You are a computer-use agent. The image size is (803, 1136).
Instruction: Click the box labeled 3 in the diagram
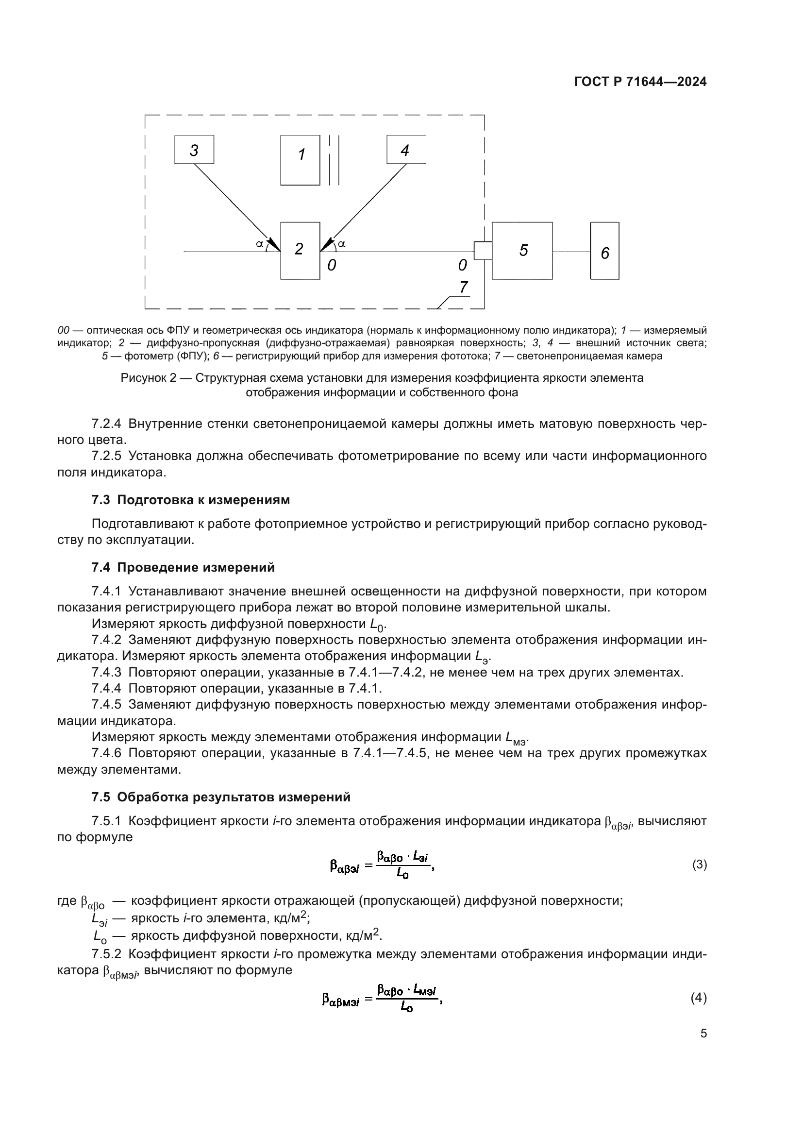194,150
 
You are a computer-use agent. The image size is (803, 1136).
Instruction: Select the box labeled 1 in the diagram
300,160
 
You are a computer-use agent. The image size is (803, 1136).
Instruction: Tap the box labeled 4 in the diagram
406,150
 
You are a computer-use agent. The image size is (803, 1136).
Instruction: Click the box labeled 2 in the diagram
300,250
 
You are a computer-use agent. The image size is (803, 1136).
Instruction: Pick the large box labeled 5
522,250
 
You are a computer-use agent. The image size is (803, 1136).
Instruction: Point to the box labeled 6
604,250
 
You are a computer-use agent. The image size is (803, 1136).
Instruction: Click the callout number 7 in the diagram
463,287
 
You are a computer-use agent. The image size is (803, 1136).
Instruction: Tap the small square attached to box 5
483,250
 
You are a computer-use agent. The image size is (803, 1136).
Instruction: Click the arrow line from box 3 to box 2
233,203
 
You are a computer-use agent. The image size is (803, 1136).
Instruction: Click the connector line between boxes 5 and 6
571,252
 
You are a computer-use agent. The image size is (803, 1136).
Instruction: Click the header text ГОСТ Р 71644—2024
640,82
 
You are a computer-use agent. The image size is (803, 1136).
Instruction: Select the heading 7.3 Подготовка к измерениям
191,500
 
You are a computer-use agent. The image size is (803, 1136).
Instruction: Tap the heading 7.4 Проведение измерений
183,567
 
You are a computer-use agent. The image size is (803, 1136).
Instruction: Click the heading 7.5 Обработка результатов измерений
221,797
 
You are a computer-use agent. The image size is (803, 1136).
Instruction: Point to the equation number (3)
699,865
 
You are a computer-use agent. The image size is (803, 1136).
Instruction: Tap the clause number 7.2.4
106,424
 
